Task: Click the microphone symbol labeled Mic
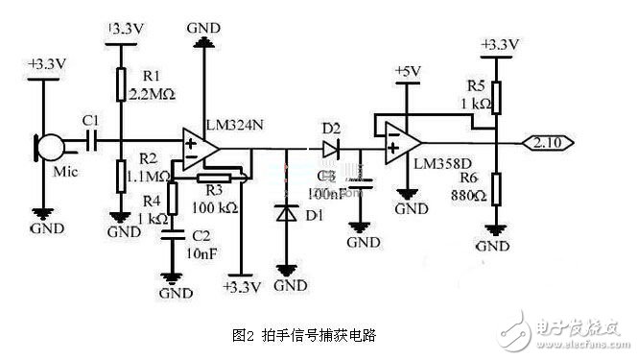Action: click(49, 147)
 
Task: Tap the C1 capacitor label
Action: click(90, 120)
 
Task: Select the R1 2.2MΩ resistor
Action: click(118, 84)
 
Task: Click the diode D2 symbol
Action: click(331, 149)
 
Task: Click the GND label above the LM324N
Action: click(204, 30)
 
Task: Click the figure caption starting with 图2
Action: click(303, 335)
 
